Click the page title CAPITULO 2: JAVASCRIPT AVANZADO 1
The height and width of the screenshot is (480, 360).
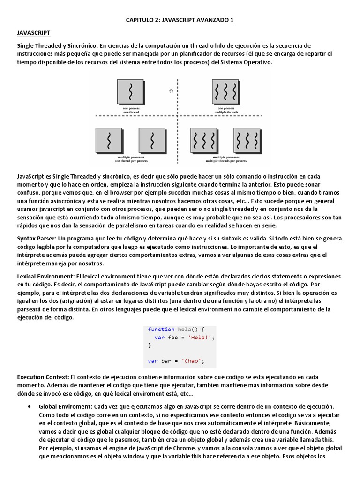click(x=180, y=20)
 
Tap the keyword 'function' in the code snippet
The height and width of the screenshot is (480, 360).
click(x=161, y=329)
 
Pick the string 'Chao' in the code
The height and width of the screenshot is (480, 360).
click(x=189, y=360)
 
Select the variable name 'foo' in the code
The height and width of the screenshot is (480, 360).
click(x=173, y=337)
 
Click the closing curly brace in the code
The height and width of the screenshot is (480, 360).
click(x=150, y=345)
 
